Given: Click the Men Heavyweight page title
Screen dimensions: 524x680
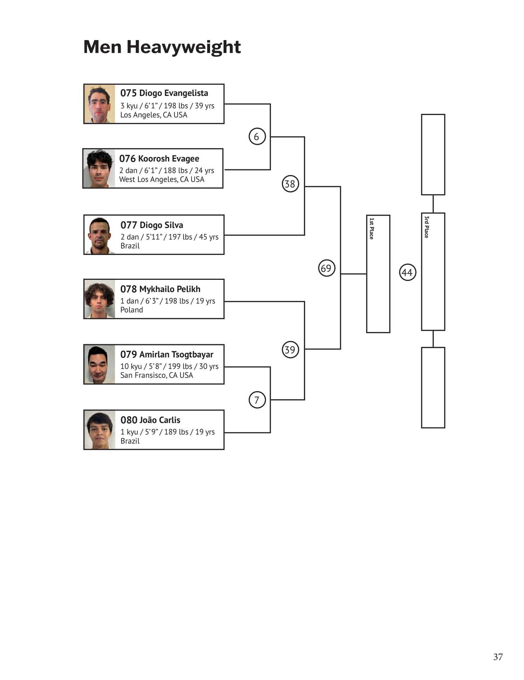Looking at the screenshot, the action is point(162,47).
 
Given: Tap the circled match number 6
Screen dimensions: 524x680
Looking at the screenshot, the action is point(257,136).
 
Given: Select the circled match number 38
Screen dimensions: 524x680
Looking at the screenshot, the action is point(290,184).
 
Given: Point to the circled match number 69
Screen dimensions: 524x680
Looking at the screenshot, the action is point(326,268).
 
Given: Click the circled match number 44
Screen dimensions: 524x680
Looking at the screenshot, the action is point(408,272).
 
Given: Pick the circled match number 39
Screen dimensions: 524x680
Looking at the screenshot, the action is point(290,350).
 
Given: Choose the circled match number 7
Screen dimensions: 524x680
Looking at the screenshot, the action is point(257,400).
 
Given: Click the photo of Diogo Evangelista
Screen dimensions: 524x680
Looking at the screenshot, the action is point(99,104).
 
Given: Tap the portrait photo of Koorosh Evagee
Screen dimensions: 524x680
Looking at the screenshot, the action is point(99,168).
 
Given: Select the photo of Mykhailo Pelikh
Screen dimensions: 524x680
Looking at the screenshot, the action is point(99,299).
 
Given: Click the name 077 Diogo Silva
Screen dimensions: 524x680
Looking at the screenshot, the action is point(152,225).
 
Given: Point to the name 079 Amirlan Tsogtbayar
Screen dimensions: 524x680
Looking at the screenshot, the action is point(167,355).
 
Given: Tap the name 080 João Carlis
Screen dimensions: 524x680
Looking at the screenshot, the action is point(150,420).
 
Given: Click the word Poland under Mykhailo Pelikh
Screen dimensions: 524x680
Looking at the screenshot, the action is point(132,310).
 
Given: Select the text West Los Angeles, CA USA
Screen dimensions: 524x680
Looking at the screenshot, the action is point(162,180).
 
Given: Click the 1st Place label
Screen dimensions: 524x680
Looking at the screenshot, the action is point(371,228).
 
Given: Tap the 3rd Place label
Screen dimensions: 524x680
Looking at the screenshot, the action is point(427,227).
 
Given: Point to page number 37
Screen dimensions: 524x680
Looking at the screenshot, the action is point(498,657).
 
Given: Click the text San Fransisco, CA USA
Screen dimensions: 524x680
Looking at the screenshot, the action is point(157,375).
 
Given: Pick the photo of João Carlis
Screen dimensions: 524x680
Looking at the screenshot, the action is point(99,430).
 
